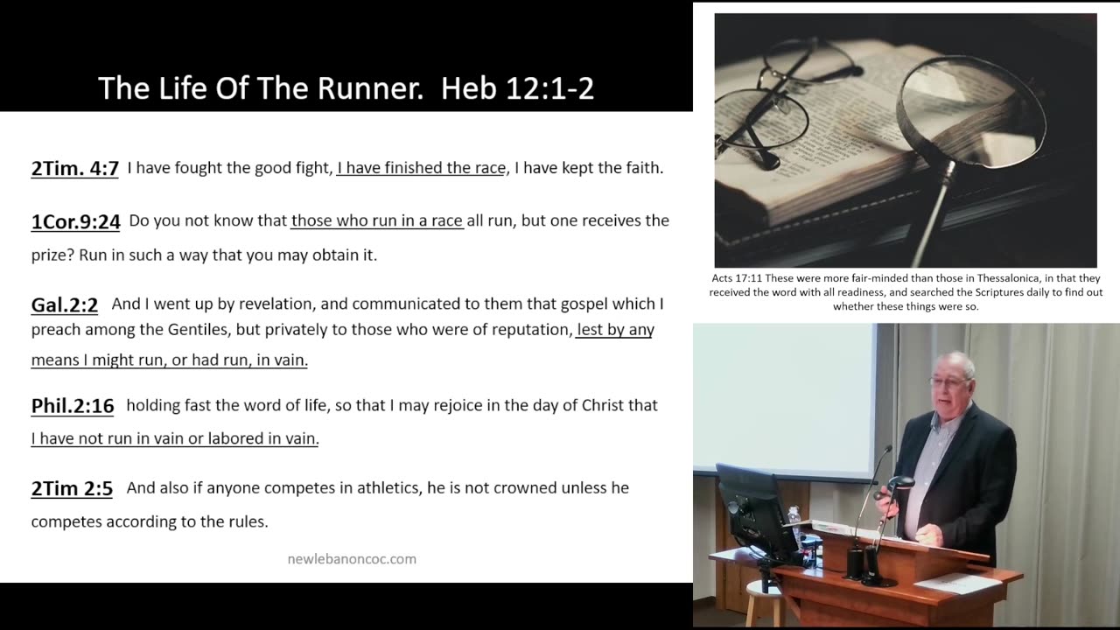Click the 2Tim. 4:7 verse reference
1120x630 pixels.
click(x=74, y=168)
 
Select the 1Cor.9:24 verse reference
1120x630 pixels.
click(x=75, y=221)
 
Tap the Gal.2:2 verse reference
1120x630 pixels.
click(x=64, y=304)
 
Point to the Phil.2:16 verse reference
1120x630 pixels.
click(x=73, y=406)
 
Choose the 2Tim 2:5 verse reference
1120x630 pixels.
click(x=72, y=488)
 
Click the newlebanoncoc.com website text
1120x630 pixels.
click(x=352, y=558)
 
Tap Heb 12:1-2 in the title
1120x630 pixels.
click(x=518, y=88)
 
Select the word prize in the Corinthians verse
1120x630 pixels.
click(x=52, y=255)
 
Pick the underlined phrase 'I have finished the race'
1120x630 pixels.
click(x=421, y=168)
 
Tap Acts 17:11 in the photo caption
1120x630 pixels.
click(x=736, y=279)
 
